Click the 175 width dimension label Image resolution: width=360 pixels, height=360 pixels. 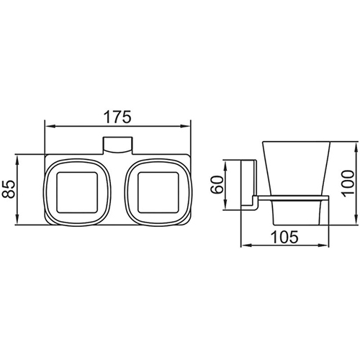tap(117, 117)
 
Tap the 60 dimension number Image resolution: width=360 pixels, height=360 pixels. tap(217, 184)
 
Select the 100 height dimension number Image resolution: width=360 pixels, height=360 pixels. tap(348, 184)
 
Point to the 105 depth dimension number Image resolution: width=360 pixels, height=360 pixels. tap(284, 237)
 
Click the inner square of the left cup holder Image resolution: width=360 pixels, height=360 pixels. tap(77, 192)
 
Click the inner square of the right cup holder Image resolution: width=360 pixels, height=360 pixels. tap(158, 192)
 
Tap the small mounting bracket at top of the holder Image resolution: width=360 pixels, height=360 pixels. tap(117, 145)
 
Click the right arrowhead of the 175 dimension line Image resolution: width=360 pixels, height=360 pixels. tap(185, 126)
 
